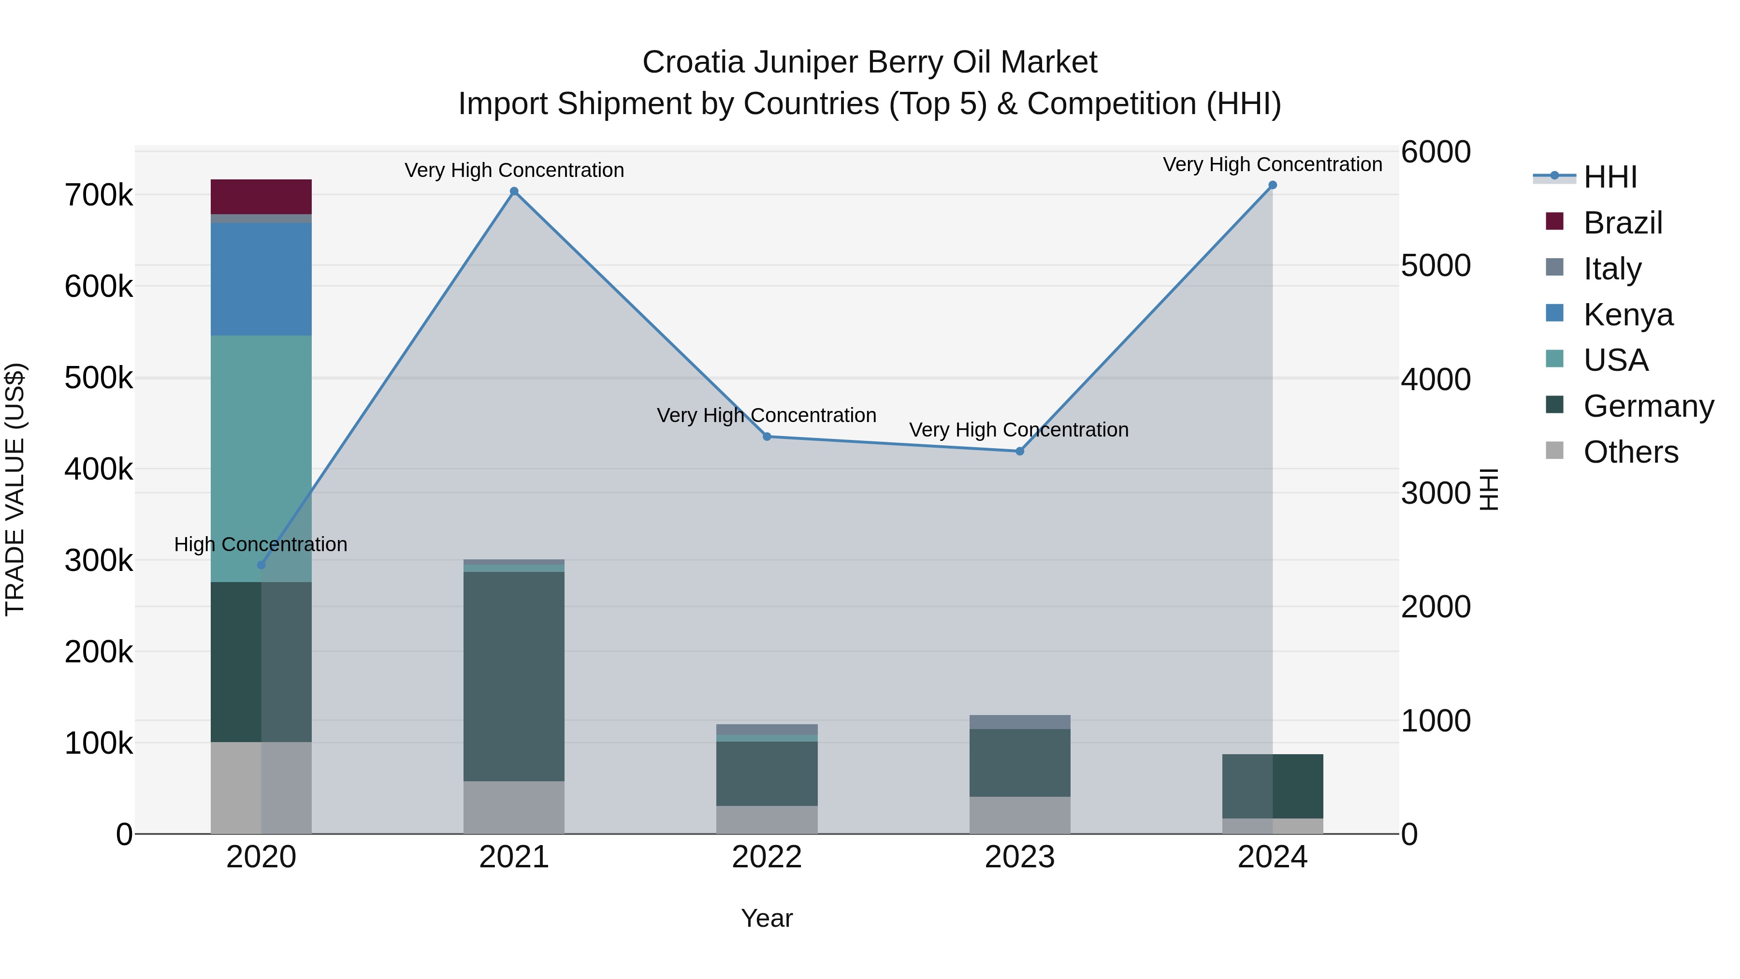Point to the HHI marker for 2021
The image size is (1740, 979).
[514, 191]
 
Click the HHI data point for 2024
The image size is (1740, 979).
[1273, 185]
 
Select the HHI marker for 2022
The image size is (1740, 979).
[767, 437]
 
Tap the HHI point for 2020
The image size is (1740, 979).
[261, 565]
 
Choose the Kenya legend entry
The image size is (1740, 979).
[1628, 314]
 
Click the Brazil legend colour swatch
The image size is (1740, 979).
[1554, 221]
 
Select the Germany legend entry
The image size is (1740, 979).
[1648, 406]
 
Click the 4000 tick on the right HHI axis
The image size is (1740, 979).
[1435, 379]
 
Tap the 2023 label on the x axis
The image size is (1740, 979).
[1019, 857]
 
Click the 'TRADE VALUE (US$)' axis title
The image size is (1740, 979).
[15, 489]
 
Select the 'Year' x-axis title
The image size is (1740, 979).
[767, 918]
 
